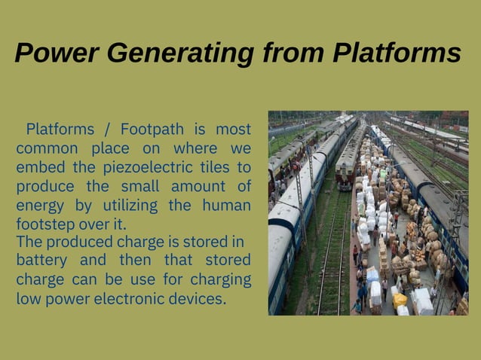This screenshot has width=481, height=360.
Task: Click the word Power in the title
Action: pyautogui.click(x=57, y=53)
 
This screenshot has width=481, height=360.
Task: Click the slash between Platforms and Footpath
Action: pyautogui.click(x=108, y=129)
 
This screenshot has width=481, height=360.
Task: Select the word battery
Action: pyautogui.click(x=40, y=261)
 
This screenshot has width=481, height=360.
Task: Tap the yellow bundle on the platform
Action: pyautogui.click(x=399, y=300)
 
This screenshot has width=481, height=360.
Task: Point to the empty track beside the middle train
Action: pyautogui.click(x=332, y=249)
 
